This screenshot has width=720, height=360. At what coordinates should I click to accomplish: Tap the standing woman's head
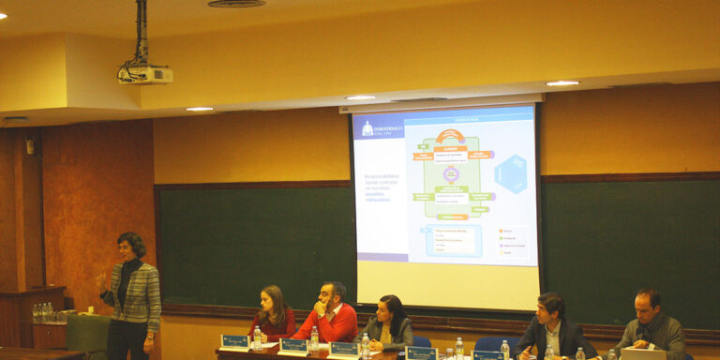click(131, 246)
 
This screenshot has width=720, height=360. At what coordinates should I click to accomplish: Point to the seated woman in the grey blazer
click(388, 323)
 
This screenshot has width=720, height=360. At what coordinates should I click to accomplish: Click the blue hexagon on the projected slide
click(511, 173)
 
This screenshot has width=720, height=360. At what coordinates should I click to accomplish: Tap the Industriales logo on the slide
click(381, 128)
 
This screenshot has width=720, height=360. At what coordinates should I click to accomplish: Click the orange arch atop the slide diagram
click(450, 137)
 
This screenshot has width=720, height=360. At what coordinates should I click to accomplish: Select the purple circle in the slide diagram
click(451, 174)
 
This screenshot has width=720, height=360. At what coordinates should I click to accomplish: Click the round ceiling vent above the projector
click(236, 4)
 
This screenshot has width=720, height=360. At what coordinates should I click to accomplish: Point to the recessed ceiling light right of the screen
click(562, 83)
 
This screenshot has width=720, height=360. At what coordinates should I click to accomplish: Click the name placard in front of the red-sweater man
click(292, 346)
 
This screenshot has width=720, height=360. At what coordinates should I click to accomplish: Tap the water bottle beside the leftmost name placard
click(257, 338)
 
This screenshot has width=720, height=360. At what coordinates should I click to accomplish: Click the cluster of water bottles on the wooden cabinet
click(42, 312)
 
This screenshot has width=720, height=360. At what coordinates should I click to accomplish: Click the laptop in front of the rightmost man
click(643, 353)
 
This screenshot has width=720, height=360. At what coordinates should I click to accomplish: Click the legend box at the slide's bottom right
click(512, 242)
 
